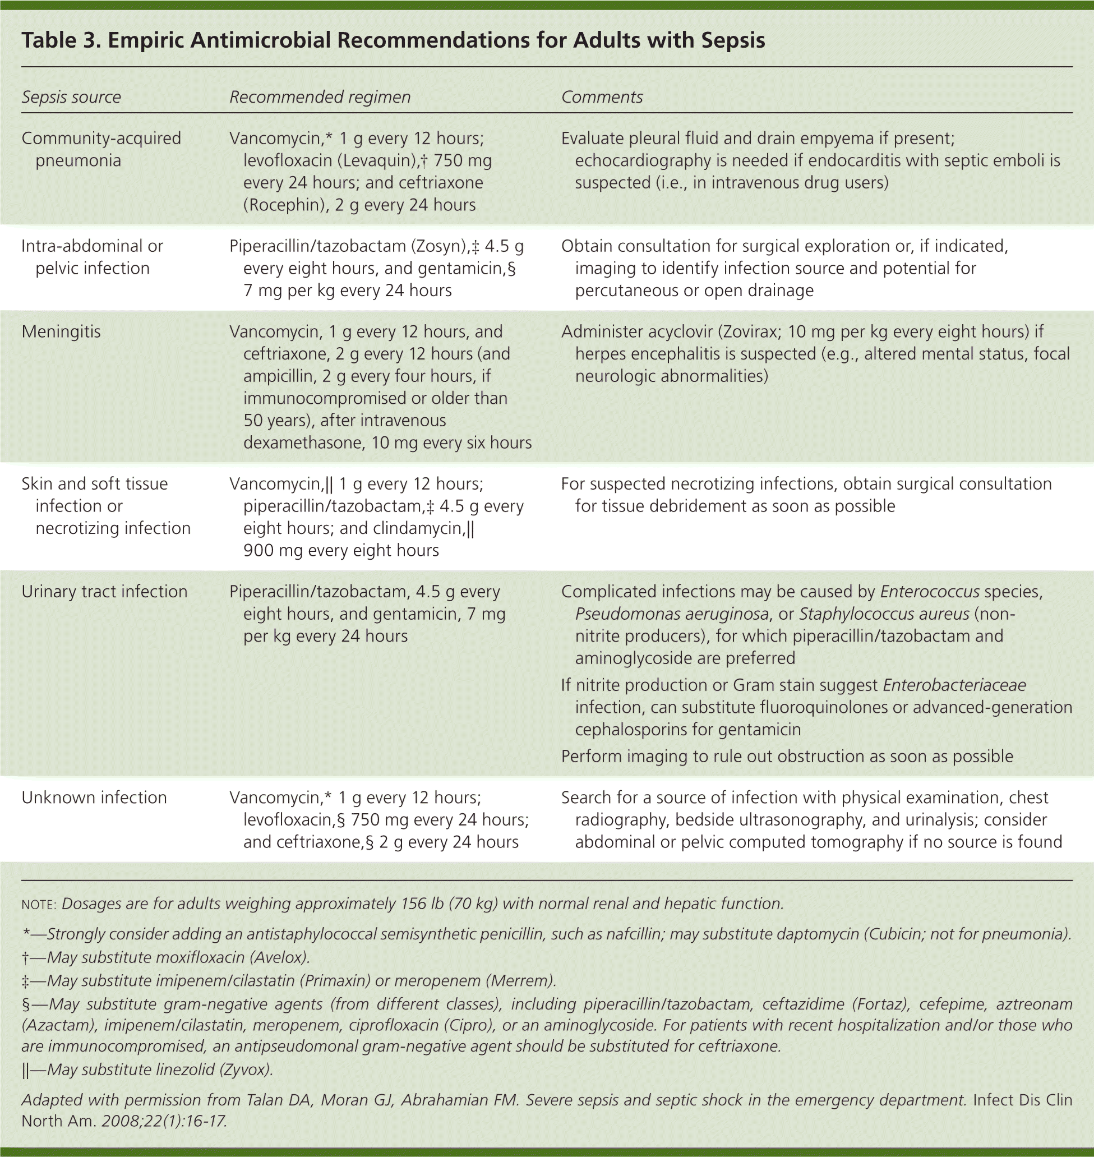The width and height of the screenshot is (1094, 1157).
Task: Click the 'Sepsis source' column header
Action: tap(71, 97)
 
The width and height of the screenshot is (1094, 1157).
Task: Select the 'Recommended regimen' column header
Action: tap(320, 97)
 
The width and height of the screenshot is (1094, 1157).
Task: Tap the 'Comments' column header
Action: tap(601, 97)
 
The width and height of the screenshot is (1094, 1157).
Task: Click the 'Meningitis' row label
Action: tap(61, 332)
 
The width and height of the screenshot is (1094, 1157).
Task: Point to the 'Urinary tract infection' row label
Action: tap(104, 591)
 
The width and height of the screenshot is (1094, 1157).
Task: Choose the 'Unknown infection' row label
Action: tap(94, 797)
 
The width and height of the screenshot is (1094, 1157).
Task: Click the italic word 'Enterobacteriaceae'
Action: tap(954, 685)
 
